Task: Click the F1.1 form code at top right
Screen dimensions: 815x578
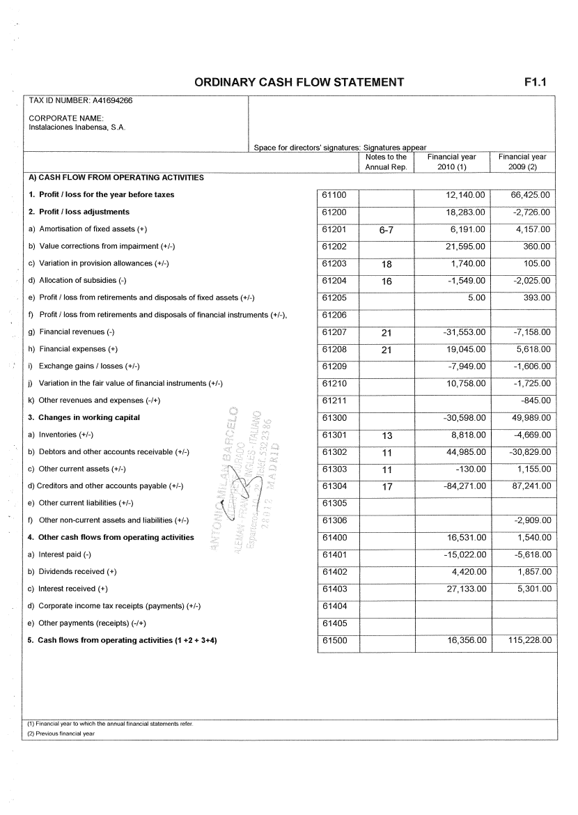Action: pyautogui.click(x=536, y=82)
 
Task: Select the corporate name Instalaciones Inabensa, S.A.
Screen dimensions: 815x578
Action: pyautogui.click(x=77, y=127)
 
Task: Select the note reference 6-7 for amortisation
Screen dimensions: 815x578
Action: pyautogui.click(x=386, y=230)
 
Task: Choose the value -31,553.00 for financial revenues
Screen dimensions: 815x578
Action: pyautogui.click(x=464, y=332)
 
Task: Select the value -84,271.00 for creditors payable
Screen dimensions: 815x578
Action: pyautogui.click(x=464, y=486)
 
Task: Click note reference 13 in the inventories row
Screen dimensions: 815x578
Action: pyautogui.click(x=387, y=435)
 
